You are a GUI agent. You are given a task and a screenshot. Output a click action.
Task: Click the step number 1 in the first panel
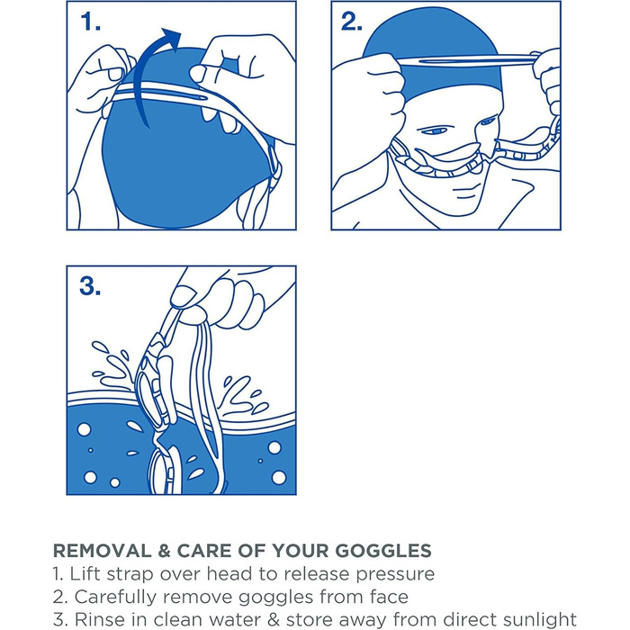[x=89, y=22]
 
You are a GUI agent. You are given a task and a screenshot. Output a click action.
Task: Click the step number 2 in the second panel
[x=351, y=22]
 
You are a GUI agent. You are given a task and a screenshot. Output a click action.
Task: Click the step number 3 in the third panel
[x=90, y=285]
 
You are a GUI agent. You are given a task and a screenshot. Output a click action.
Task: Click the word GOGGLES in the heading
[x=383, y=551]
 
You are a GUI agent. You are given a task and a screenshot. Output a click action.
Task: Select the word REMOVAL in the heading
[x=102, y=551]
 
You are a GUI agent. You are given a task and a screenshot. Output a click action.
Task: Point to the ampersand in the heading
[x=165, y=551]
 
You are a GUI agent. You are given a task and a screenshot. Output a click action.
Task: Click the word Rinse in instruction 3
[x=97, y=619]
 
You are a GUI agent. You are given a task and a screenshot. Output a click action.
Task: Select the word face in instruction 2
[x=389, y=597]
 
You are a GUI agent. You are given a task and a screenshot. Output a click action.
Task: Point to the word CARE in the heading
[x=203, y=551]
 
